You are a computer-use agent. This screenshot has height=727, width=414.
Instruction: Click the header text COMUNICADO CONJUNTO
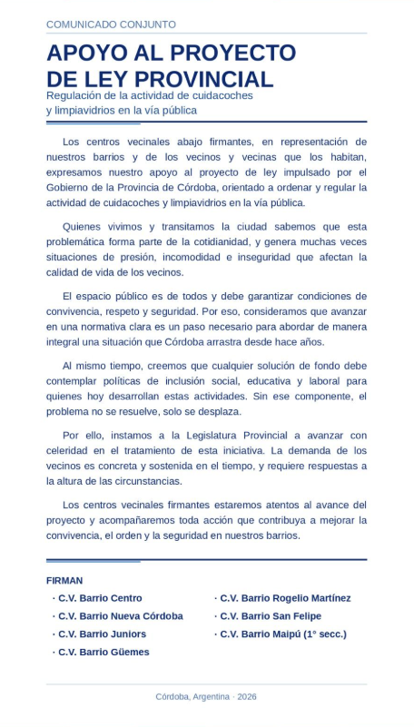click(111, 25)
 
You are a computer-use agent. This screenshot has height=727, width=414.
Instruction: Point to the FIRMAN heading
click(64, 580)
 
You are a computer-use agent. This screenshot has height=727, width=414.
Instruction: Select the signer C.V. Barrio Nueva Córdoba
click(120, 616)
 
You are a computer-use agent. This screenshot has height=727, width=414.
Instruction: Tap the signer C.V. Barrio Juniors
click(102, 634)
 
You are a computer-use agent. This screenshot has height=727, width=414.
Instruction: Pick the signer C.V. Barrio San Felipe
click(267, 616)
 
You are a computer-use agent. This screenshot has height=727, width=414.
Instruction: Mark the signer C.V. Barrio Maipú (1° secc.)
click(283, 634)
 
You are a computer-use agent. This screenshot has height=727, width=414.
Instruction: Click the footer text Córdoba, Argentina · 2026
click(206, 696)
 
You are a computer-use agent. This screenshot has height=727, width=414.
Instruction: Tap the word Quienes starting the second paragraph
click(84, 225)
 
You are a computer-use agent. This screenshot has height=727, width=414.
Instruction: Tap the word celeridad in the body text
click(71, 449)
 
